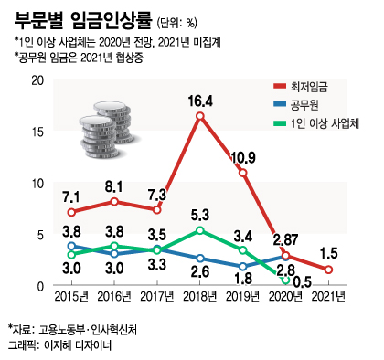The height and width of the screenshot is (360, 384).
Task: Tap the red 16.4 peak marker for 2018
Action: (x=199, y=116)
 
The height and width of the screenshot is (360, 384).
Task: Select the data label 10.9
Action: (x=243, y=157)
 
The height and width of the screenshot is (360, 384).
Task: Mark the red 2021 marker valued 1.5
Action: (x=329, y=270)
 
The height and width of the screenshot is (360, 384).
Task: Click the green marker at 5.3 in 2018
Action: (x=199, y=231)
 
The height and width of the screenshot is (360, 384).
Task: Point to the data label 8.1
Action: (x=114, y=185)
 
